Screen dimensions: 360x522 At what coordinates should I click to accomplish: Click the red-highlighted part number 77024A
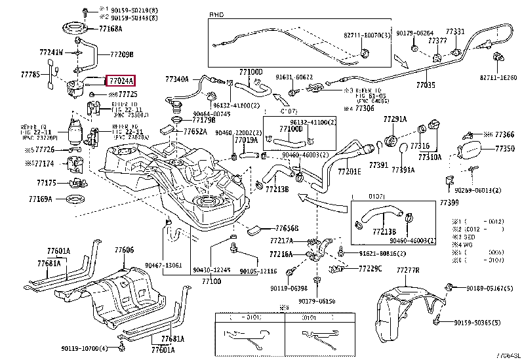tap(120, 81)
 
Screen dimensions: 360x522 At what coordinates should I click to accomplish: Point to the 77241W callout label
tap(50, 52)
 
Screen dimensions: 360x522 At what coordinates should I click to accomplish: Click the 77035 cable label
tap(426, 85)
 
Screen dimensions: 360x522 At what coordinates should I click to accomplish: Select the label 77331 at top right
tap(455, 31)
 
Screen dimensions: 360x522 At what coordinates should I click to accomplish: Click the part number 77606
tap(124, 250)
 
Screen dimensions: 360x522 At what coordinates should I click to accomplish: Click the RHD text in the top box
tap(216, 14)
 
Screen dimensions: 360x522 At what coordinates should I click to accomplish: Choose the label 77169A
tap(41, 199)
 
